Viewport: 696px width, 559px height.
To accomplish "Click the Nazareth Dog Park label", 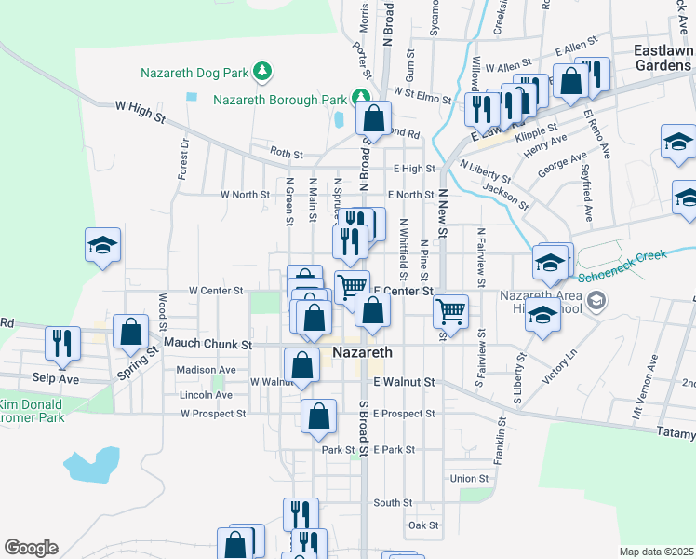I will (196, 72).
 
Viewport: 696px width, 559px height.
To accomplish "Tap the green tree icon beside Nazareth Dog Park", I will (263, 71).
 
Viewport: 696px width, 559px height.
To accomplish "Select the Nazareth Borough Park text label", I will (280, 99).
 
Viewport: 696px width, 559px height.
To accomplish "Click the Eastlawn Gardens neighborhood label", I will (663, 58).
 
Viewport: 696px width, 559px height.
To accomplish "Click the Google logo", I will (31, 548).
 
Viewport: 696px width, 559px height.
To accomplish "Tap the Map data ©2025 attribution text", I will (656, 552).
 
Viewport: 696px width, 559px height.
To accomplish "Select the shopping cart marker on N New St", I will (450, 310).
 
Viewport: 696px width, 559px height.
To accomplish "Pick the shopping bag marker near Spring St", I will (130, 331).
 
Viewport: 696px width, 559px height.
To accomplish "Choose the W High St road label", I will (140, 113).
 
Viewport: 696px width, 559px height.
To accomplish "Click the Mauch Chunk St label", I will (208, 344).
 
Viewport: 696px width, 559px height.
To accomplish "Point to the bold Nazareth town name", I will (362, 354).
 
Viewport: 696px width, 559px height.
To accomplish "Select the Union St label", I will (468, 479).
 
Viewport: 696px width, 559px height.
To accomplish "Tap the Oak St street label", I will (423, 525).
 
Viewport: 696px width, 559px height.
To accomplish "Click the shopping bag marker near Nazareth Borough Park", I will (372, 118).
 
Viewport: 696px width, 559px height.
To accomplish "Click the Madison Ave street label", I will (206, 370).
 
